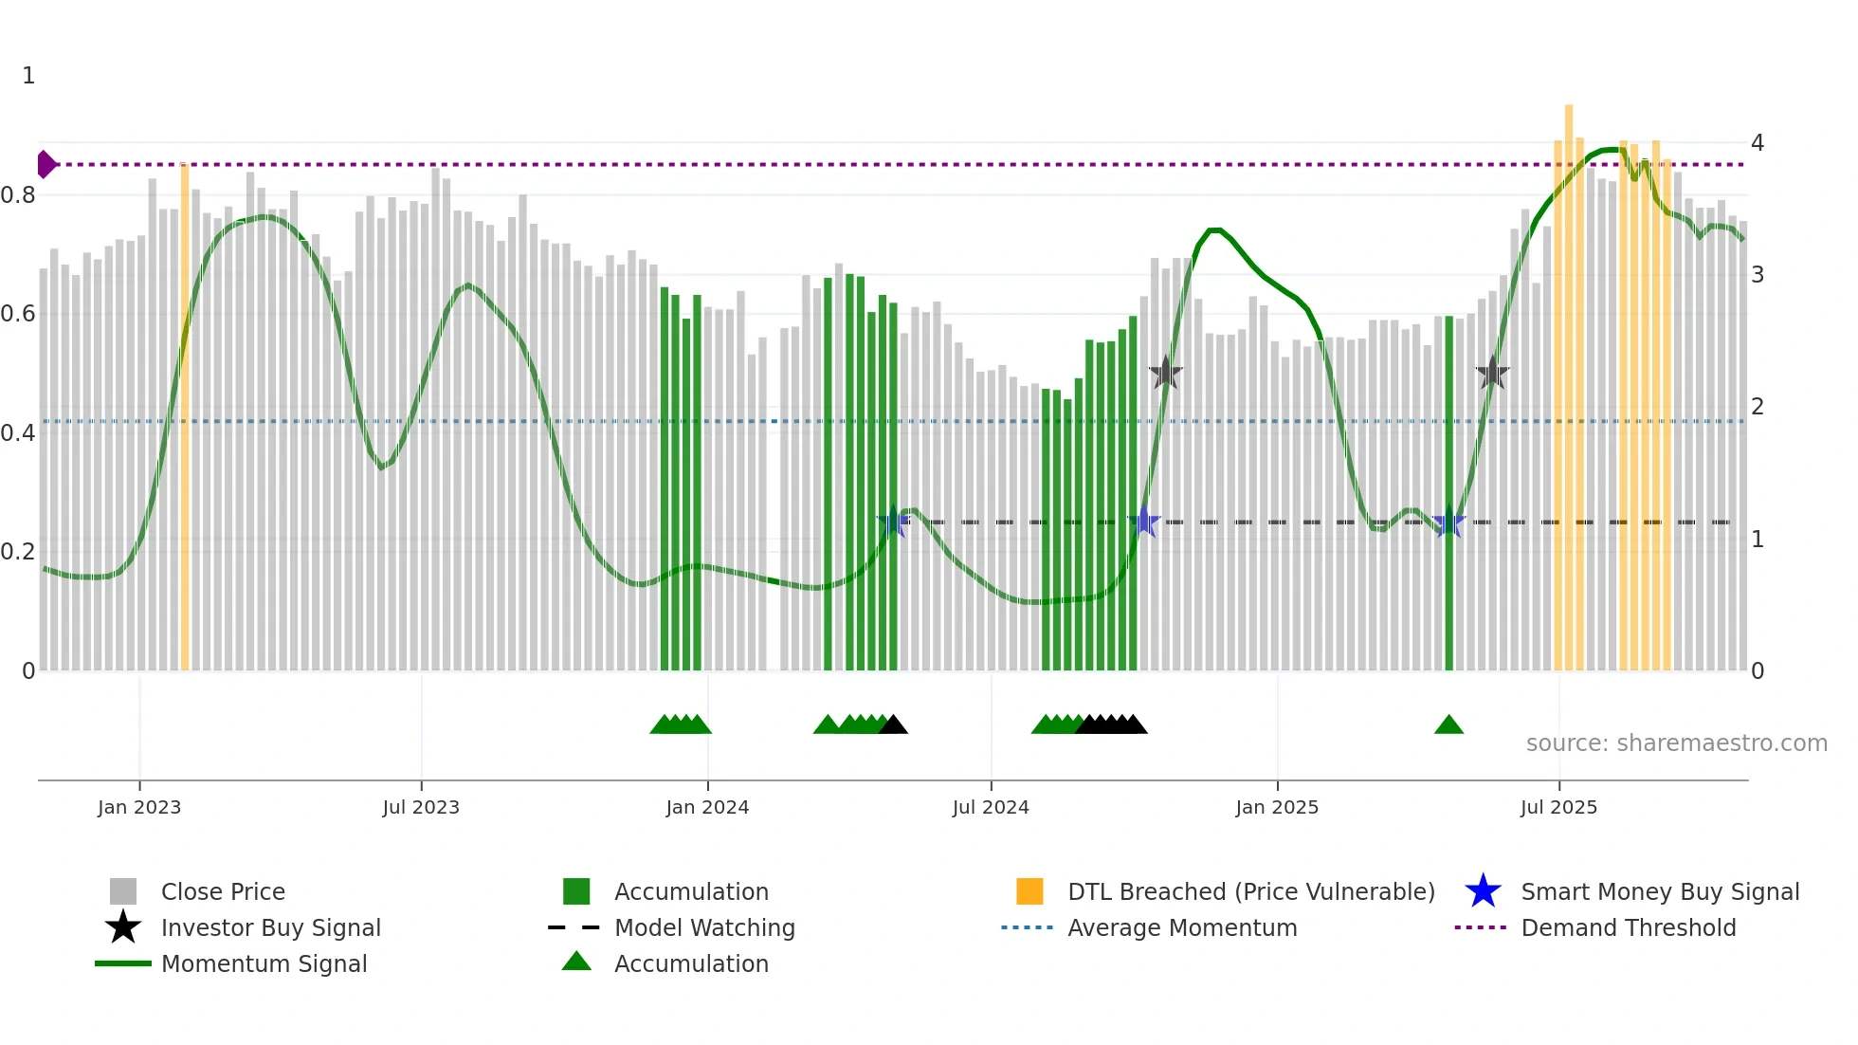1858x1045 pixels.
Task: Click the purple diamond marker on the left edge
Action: [x=46, y=164]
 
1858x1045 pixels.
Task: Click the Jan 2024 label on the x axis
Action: [x=707, y=807]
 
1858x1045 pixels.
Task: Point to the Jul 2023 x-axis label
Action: [x=421, y=807]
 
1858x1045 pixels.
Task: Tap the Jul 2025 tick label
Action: [x=1558, y=807]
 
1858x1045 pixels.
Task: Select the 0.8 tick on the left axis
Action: [x=18, y=195]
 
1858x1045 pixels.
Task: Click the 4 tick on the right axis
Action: [x=1758, y=143]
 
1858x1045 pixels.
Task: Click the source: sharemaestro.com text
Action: [x=1676, y=743]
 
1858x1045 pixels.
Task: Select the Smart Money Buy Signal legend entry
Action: [x=1659, y=892]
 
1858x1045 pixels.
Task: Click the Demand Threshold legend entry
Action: [x=1628, y=928]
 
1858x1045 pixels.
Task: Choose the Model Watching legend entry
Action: [x=703, y=928]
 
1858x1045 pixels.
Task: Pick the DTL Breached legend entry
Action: [x=1250, y=892]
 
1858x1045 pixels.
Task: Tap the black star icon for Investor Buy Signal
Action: [x=123, y=927]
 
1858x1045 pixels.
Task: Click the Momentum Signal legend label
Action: [x=264, y=964]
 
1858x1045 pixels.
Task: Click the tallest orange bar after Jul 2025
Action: [x=1569, y=379]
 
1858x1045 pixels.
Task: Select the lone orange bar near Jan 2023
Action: [x=185, y=417]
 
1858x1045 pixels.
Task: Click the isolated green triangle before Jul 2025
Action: [x=1448, y=725]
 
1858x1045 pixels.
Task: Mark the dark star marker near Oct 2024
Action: [x=1165, y=374]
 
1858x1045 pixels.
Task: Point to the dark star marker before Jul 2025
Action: [x=1492, y=374]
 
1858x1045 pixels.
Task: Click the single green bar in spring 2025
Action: [x=1448, y=493]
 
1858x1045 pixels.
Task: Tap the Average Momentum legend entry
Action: [x=1181, y=928]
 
